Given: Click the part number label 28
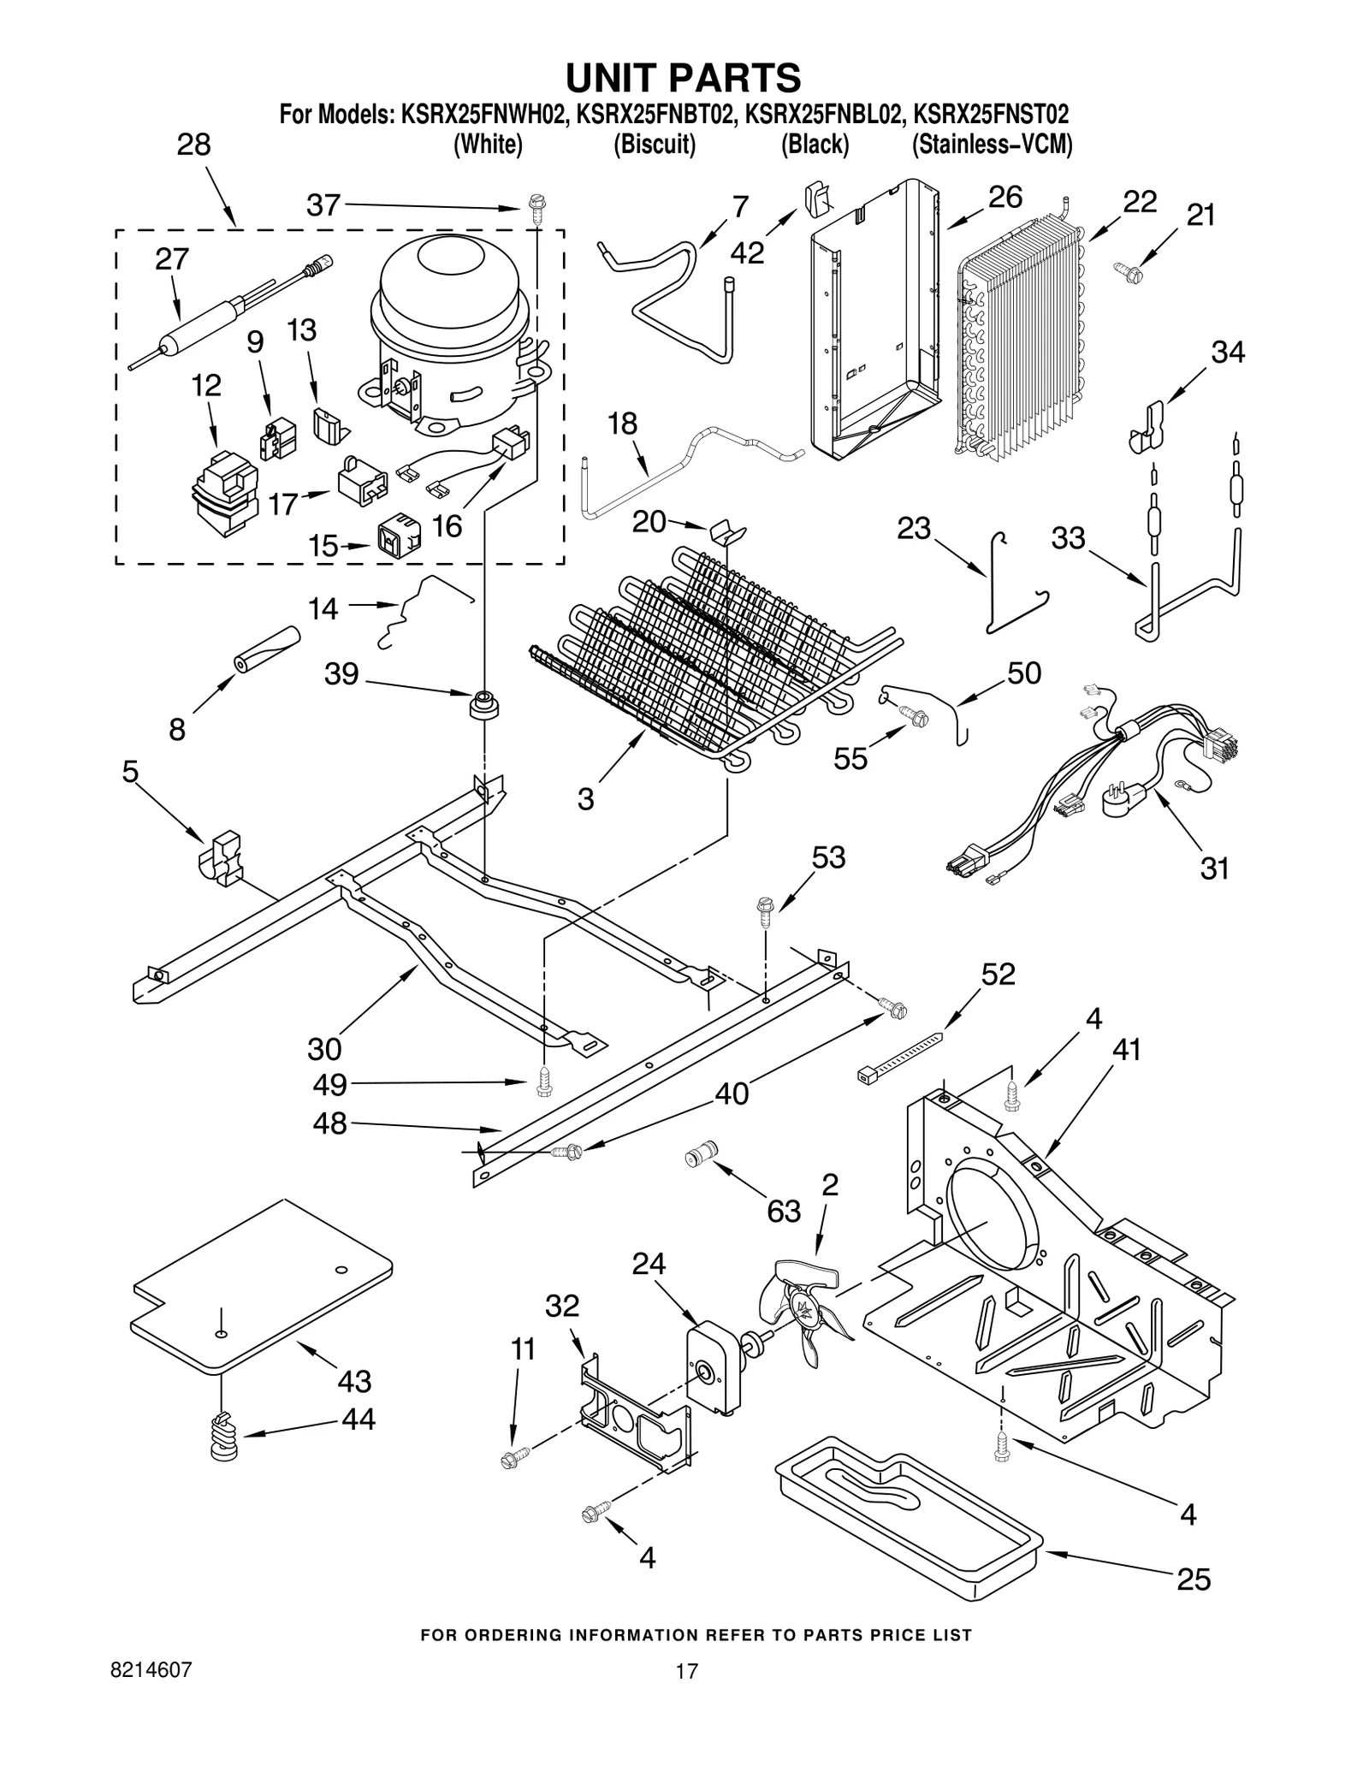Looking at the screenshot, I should click(193, 144).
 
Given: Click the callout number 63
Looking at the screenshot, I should click(783, 1211).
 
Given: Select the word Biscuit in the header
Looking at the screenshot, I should click(654, 145).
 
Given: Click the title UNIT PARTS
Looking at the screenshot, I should click(684, 78).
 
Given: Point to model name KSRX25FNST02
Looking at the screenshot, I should click(990, 115).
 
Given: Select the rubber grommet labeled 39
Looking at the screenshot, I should click(483, 705).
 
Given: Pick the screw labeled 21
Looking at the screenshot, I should click(1124, 270).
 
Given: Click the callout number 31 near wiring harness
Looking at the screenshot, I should click(1213, 868).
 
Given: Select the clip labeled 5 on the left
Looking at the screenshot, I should click(222, 856).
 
